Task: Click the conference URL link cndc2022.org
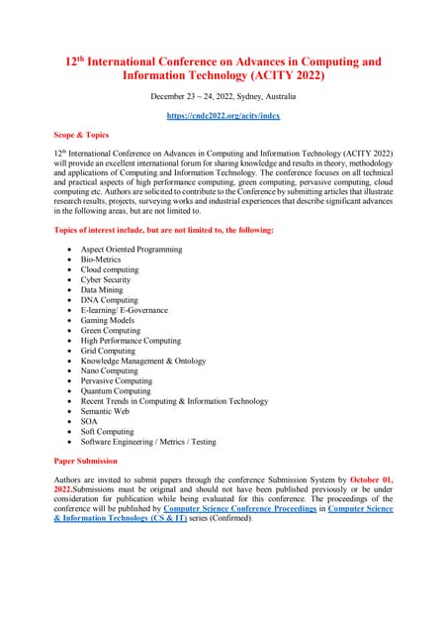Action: pos(223,116)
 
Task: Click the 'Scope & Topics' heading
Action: pos(82,135)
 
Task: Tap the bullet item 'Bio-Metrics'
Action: pos(101,260)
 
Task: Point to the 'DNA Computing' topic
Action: pos(110,300)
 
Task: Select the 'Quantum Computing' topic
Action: pos(117,391)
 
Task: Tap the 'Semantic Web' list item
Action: pos(108,411)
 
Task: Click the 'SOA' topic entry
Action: pos(90,421)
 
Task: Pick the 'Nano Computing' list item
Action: pos(111,370)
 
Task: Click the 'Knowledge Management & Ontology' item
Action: pos(149,361)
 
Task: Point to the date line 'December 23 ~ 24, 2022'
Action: pos(223,96)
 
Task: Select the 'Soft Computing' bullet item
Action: pos(108,431)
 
